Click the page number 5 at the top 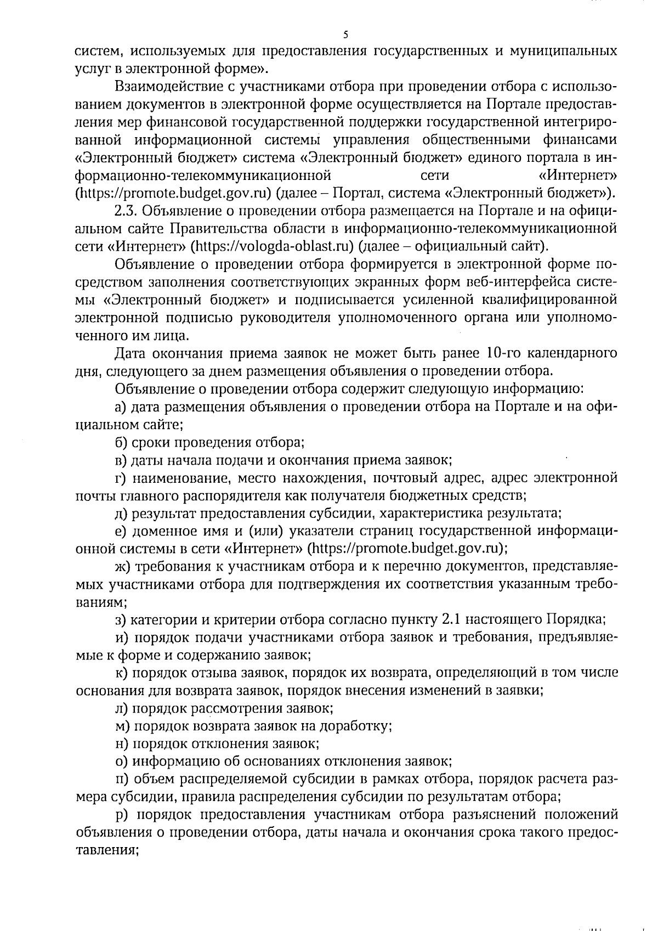click(x=345, y=35)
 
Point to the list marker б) click(x=121, y=443)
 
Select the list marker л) click(x=121, y=708)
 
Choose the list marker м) click(x=122, y=726)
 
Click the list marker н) click(x=121, y=744)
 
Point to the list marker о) click(x=121, y=761)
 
